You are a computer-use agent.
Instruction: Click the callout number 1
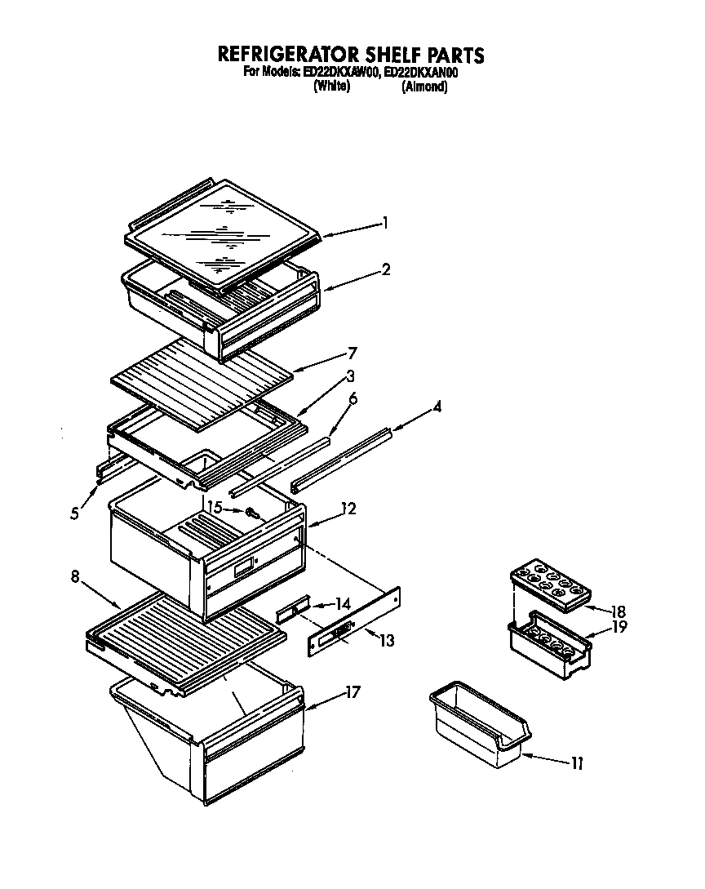point(386,222)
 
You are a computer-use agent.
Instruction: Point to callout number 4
point(438,406)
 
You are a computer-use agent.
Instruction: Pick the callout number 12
point(348,508)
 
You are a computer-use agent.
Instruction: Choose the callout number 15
point(215,508)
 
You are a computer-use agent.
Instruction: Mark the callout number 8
point(75,576)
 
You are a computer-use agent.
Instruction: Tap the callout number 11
point(577,763)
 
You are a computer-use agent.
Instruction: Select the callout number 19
point(619,627)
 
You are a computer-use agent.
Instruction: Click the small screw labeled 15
point(251,514)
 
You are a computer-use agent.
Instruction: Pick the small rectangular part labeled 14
point(293,610)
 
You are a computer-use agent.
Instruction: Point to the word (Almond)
point(424,87)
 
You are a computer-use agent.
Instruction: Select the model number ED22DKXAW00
point(341,73)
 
